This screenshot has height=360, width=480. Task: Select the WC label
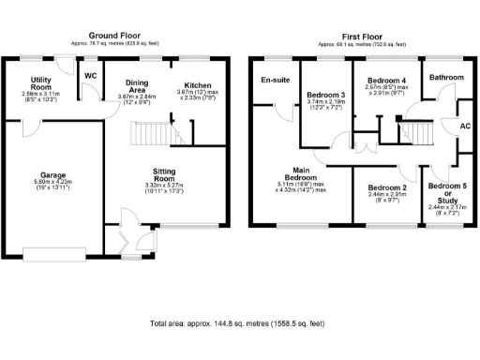(91, 75)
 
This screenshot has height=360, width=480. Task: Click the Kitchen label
(198, 85)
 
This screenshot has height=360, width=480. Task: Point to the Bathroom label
(446, 77)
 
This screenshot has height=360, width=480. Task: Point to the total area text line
(237, 323)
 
